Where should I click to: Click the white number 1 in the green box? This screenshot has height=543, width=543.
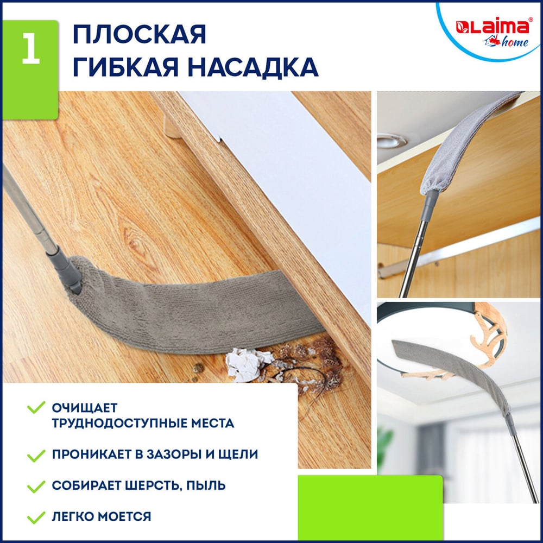tap(31, 48)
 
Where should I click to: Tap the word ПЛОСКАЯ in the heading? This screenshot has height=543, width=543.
tap(140, 35)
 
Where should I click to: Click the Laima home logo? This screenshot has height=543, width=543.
tap(493, 33)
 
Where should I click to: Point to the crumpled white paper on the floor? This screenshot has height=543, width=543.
tap(247, 365)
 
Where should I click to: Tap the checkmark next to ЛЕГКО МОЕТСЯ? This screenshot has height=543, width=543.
tap(36, 517)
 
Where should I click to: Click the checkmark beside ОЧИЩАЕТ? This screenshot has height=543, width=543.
tap(36, 407)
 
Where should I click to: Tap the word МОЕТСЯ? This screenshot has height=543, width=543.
tap(124, 516)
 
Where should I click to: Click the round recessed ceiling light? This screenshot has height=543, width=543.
tap(392, 141)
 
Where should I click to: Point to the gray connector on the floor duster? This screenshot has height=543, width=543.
tap(67, 270)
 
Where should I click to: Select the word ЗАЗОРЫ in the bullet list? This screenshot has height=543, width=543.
tap(174, 454)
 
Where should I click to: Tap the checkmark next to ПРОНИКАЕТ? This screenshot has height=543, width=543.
tap(36, 455)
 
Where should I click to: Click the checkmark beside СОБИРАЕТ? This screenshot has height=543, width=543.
tap(36, 486)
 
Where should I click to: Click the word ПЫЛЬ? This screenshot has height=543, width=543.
tap(206, 485)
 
